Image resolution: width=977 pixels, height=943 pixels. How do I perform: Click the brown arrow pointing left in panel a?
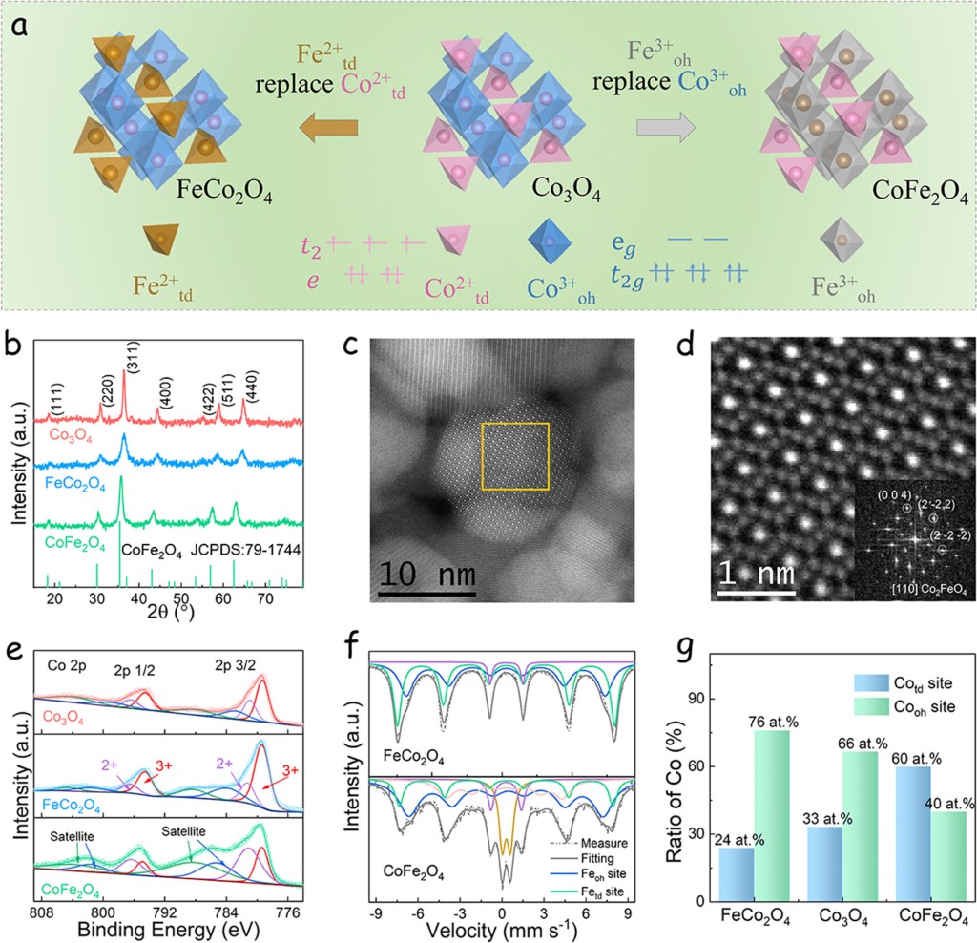click(329, 127)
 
